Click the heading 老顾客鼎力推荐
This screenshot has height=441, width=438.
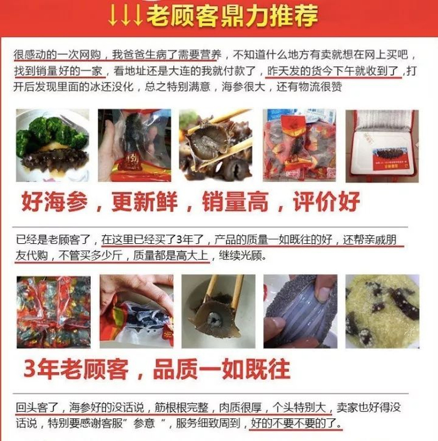pyautogui.click(x=232, y=16)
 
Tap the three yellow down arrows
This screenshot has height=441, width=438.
pyautogui.click(x=125, y=16)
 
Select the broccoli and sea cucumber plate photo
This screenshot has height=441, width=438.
pyautogui.click(x=53, y=145)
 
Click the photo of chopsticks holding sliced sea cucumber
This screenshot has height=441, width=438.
pyautogui.click(x=216, y=145)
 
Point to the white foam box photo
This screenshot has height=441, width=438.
pyautogui.click(x=382, y=146)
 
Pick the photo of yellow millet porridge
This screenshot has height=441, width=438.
pyautogui.click(x=382, y=312)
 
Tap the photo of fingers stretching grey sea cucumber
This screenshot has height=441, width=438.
pyautogui.click(x=300, y=312)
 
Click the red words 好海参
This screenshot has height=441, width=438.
pyautogui.click(x=54, y=201)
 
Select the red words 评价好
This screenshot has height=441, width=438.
pyautogui.click(x=327, y=201)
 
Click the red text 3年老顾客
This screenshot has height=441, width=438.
pyautogui.click(x=76, y=369)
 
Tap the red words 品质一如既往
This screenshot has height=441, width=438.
pyautogui.click(x=222, y=369)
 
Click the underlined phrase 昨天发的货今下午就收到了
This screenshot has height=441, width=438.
pyautogui.click(x=333, y=71)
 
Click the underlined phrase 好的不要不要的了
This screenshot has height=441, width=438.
pyautogui.click(x=296, y=423)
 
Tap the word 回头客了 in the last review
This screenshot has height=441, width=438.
pyautogui.click(x=37, y=407)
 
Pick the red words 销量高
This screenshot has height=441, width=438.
pyautogui.click(x=235, y=201)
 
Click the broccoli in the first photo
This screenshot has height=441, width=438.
pyautogui.click(x=52, y=136)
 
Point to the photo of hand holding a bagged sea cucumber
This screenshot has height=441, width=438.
pyautogui.click(x=135, y=145)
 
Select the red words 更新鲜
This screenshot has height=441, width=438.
pyautogui.click(x=145, y=201)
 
